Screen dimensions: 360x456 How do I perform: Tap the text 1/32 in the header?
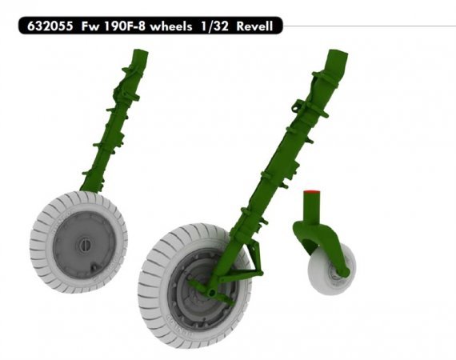click(210, 26)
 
